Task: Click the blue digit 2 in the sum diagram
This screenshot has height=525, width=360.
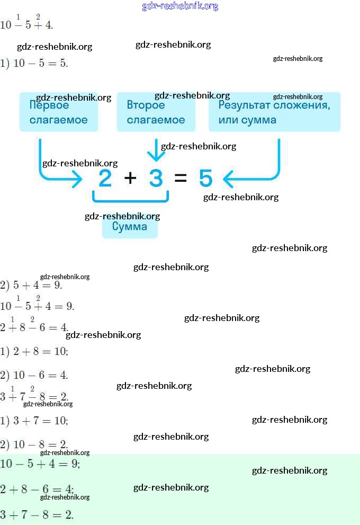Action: click(105, 179)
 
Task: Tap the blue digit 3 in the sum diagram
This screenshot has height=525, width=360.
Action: click(156, 179)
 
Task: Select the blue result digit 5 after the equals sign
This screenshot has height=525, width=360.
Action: click(205, 179)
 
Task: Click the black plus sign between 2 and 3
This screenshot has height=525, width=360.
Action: click(130, 179)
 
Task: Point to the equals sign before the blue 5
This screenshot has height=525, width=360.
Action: click(181, 179)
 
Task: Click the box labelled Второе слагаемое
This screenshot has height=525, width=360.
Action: click(156, 112)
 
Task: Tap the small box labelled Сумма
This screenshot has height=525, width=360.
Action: click(130, 227)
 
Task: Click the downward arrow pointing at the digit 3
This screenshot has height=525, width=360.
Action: click(156, 151)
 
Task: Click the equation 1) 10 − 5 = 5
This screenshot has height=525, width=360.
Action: click(34, 63)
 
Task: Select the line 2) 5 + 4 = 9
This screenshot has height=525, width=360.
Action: click(32, 284)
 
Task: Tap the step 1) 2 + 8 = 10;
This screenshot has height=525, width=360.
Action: click(34, 351)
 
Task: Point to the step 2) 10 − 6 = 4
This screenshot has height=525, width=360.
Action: click(34, 375)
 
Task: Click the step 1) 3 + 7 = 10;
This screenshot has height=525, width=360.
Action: click(34, 421)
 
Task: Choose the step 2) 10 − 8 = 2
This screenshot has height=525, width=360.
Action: click(34, 444)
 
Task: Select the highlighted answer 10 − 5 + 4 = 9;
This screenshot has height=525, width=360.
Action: click(40, 464)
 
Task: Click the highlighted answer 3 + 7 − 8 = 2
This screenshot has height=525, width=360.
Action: click(37, 514)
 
